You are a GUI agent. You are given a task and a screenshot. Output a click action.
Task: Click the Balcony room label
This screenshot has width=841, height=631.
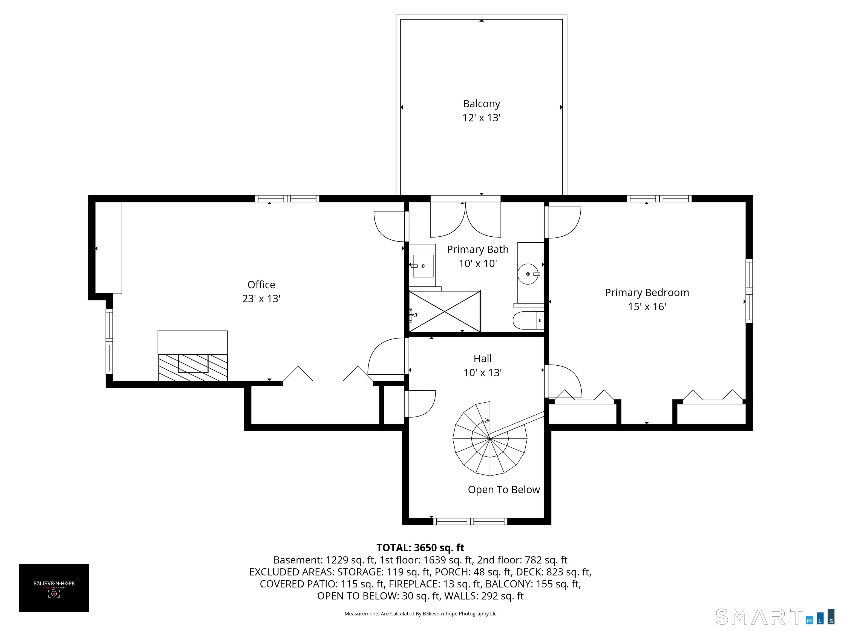(x=481, y=104)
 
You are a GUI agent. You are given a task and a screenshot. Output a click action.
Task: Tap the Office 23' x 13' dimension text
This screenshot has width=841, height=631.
(x=261, y=299)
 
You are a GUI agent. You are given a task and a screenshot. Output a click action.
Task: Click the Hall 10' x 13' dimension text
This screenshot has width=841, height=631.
(x=482, y=373)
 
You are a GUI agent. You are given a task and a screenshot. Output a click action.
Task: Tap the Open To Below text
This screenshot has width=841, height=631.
(x=504, y=489)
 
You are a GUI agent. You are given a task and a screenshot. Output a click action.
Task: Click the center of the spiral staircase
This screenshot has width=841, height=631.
(x=490, y=438)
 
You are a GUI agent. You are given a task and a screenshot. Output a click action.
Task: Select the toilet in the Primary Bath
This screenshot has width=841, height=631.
(x=528, y=320)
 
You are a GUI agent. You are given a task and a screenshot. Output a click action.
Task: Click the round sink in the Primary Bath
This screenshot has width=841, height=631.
(x=528, y=274)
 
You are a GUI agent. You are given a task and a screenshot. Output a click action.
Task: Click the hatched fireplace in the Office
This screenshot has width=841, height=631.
(x=193, y=367)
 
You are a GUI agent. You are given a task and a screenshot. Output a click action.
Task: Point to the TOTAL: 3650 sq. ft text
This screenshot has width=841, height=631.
(x=420, y=548)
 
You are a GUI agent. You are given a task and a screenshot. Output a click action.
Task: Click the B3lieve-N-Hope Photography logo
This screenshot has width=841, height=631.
(x=54, y=588)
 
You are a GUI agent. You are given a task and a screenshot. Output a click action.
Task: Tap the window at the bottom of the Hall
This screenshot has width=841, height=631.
(x=470, y=521)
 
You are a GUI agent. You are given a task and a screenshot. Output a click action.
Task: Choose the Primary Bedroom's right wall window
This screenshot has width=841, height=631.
(x=749, y=291)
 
